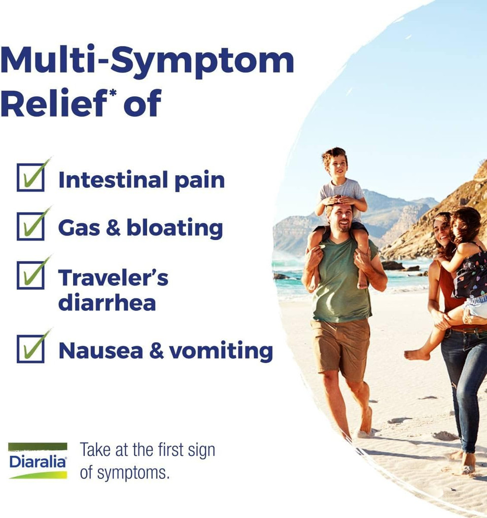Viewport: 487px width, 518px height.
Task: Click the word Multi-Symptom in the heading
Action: pyautogui.click(x=147, y=60)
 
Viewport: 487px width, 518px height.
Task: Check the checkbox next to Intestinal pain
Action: pyautogui.click(x=30, y=177)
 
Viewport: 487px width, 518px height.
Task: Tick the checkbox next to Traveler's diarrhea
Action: pyautogui.click(x=30, y=275)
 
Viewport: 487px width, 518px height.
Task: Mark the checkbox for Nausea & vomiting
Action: pyautogui.click(x=30, y=348)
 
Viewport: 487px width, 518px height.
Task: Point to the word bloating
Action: pyautogui.click(x=175, y=228)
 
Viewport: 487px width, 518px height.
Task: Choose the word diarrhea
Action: pyautogui.click(x=107, y=303)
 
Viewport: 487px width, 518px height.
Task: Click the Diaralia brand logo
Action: pyautogui.click(x=38, y=461)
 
